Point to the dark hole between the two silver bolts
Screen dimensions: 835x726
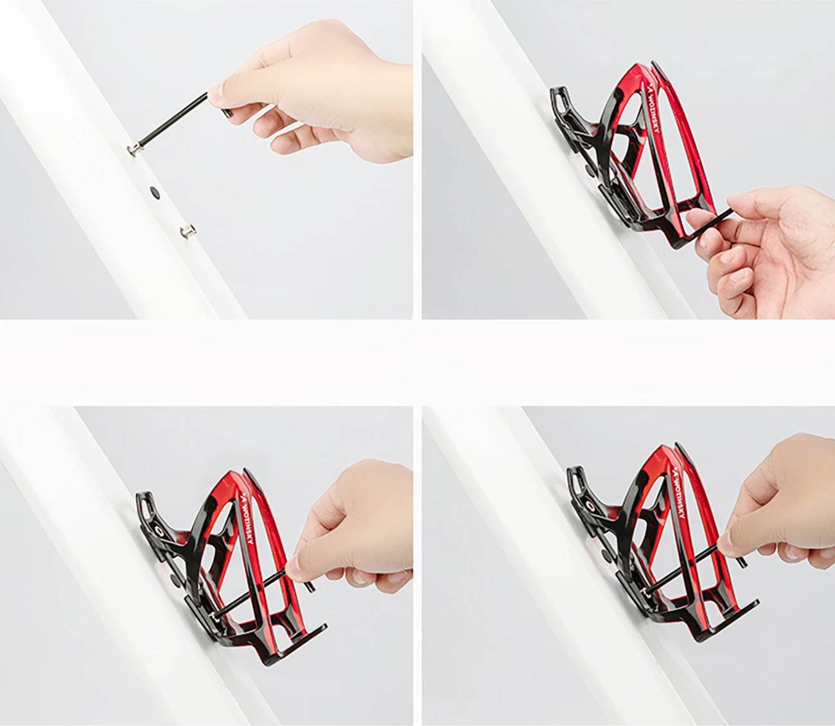point(155,191)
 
